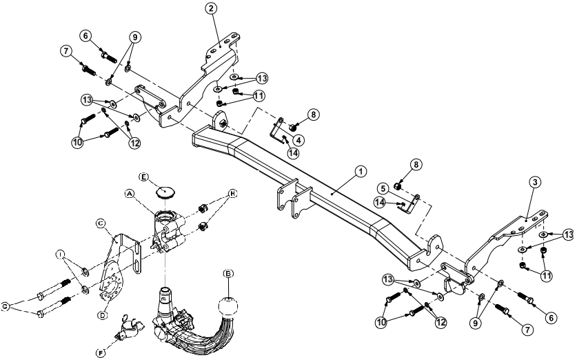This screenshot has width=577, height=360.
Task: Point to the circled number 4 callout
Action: [x=299, y=139]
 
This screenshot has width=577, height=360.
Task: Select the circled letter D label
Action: [x=104, y=315]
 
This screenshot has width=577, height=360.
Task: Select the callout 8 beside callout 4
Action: [x=314, y=116]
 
